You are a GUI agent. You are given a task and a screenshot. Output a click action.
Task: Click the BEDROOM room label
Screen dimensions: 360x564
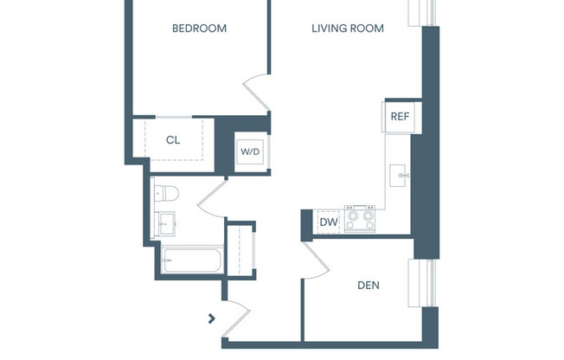199,29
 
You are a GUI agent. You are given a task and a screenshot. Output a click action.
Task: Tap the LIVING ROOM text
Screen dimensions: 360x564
348,29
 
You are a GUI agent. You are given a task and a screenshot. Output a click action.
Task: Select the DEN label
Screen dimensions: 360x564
369,285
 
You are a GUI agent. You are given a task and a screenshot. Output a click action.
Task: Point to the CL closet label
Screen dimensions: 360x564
173,138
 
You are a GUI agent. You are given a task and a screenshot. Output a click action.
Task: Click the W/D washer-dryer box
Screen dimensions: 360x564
250,151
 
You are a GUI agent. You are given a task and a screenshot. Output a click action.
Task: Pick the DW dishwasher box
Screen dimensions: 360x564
329,222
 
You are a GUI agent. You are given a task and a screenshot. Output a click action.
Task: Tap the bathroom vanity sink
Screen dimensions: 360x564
165,223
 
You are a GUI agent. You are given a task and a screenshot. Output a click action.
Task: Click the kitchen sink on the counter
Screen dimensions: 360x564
401,175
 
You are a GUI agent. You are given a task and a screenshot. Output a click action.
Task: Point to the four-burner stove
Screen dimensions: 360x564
359,218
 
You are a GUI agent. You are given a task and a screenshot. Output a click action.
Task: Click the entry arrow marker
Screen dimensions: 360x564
212,318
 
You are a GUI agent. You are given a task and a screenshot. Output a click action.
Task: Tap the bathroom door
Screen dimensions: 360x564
212,200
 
